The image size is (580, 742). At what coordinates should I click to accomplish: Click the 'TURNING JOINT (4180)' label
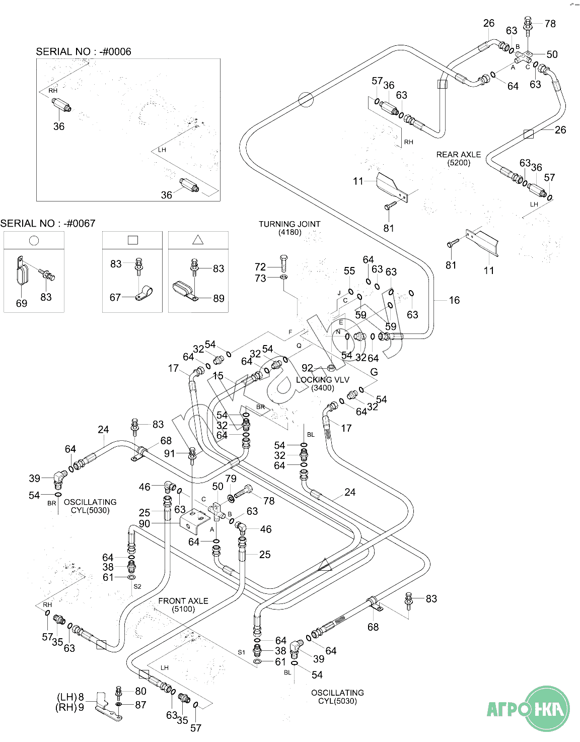[x=289, y=228]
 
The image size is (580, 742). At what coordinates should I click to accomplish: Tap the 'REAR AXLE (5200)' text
[x=458, y=158]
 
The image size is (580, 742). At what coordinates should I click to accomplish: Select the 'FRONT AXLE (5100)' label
[x=183, y=604]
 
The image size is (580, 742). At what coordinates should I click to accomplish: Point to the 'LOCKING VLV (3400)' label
[x=322, y=383]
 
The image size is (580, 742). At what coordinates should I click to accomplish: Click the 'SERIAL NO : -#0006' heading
[x=84, y=51]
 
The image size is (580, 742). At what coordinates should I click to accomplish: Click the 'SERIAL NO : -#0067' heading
[x=48, y=223]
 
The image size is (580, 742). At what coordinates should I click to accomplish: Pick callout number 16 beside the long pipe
[x=454, y=300]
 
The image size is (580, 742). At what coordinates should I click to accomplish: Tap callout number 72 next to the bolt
[x=260, y=267]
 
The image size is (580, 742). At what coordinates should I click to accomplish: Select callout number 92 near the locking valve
[x=307, y=368]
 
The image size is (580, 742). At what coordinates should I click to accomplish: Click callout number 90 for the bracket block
[x=144, y=523]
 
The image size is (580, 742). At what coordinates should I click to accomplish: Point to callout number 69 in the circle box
[x=22, y=303]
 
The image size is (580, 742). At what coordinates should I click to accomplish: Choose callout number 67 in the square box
[x=115, y=297]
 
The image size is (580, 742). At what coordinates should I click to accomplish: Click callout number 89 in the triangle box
[x=219, y=298]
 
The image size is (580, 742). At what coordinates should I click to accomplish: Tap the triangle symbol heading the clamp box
[x=198, y=240]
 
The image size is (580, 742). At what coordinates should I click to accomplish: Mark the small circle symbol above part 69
[x=34, y=240]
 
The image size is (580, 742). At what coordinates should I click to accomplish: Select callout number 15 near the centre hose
[x=218, y=376]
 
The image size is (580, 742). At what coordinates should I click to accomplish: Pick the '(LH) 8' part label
[x=70, y=697]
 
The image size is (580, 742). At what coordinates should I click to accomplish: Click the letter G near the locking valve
[x=374, y=372]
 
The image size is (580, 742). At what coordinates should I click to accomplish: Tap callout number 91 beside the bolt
[x=170, y=453]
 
